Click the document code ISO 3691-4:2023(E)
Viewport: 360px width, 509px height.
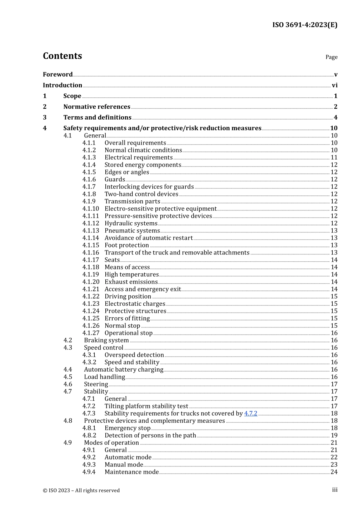(x=305, y=25)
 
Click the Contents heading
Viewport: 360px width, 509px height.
(x=63, y=56)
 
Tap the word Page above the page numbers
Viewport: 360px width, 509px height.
(x=331, y=57)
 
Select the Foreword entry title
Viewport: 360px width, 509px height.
(x=58, y=75)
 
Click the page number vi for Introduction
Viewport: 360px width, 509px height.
(x=334, y=85)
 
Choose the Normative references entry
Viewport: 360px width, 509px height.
(x=97, y=107)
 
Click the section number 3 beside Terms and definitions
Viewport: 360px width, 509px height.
(x=45, y=117)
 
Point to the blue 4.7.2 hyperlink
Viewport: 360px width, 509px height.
(x=250, y=414)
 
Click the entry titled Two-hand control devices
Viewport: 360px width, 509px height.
(x=141, y=194)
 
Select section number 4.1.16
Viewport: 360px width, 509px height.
(x=91, y=253)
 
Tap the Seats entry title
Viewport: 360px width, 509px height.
(x=112, y=260)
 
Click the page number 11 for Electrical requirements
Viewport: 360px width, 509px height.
(x=334, y=158)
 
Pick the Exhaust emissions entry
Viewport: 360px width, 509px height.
(x=131, y=282)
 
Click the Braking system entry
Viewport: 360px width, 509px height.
(x=106, y=340)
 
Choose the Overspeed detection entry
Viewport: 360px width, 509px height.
(x=134, y=355)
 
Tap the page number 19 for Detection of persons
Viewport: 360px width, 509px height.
(x=334, y=436)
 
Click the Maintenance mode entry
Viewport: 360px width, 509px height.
(x=131, y=472)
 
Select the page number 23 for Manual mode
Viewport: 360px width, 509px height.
(x=334, y=465)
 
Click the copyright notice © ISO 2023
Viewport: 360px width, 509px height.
(x=81, y=490)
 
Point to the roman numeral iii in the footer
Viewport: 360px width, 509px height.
(x=335, y=490)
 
